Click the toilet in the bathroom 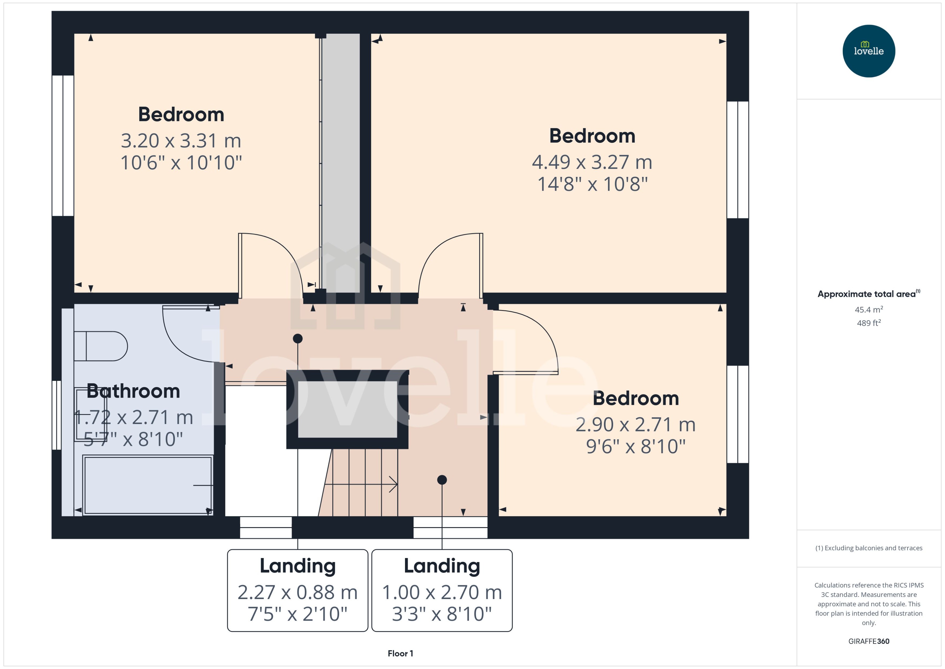pos(101,346)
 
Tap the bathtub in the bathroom pos(147,485)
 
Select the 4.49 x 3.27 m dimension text pos(592,162)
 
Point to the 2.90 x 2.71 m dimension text pos(635,425)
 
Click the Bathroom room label pos(133,391)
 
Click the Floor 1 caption pos(400,653)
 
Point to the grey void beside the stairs pos(347,409)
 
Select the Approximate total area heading pos(866,294)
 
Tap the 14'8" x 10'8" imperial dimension pos(592,184)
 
